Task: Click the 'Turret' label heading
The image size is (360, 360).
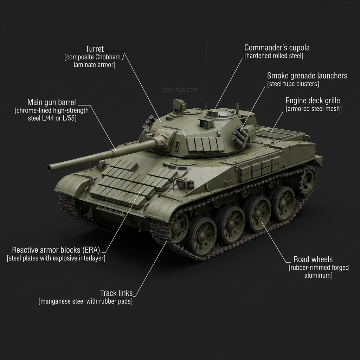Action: point(95,49)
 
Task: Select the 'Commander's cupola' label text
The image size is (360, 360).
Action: point(277,47)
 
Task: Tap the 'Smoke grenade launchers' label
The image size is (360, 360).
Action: point(307,76)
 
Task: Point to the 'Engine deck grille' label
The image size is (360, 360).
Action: point(313,101)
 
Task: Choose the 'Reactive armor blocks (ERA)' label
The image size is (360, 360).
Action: point(56,250)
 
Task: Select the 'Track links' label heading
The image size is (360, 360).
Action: point(116,293)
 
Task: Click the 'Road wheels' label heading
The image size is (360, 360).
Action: point(313,259)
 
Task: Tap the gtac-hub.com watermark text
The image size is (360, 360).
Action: point(180,90)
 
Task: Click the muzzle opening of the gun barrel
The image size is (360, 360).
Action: point(50,168)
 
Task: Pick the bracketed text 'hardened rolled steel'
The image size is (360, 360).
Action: point(274,56)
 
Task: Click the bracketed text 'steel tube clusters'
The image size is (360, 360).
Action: point(293,84)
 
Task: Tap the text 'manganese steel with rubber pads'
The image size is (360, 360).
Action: point(85,301)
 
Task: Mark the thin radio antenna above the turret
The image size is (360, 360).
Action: point(206,70)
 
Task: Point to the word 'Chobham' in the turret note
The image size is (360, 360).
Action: point(109,57)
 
